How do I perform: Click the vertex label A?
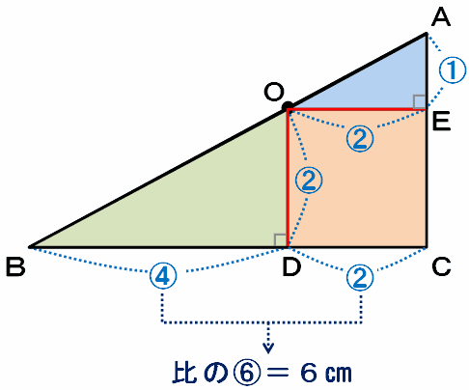coord(441,17)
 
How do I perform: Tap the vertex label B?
coord(15,267)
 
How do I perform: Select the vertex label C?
coord(441,267)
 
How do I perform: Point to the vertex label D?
coord(291,267)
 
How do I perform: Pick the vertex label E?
coord(441,122)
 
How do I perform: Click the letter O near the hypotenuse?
coord(274,92)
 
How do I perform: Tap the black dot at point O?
coord(288,106)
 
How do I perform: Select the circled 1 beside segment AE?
coord(453,70)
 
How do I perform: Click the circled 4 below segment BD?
coord(163,276)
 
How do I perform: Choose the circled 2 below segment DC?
coord(360,277)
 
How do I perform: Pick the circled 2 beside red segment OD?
coord(309,181)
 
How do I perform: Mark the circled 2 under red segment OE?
coord(360,139)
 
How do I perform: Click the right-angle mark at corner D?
coord(280,240)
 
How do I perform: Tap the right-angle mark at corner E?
coord(419,102)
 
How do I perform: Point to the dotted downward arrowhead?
coord(268,348)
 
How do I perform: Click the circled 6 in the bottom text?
coord(246,373)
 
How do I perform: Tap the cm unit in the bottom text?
coord(339,374)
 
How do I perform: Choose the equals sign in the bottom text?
coord(278,373)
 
